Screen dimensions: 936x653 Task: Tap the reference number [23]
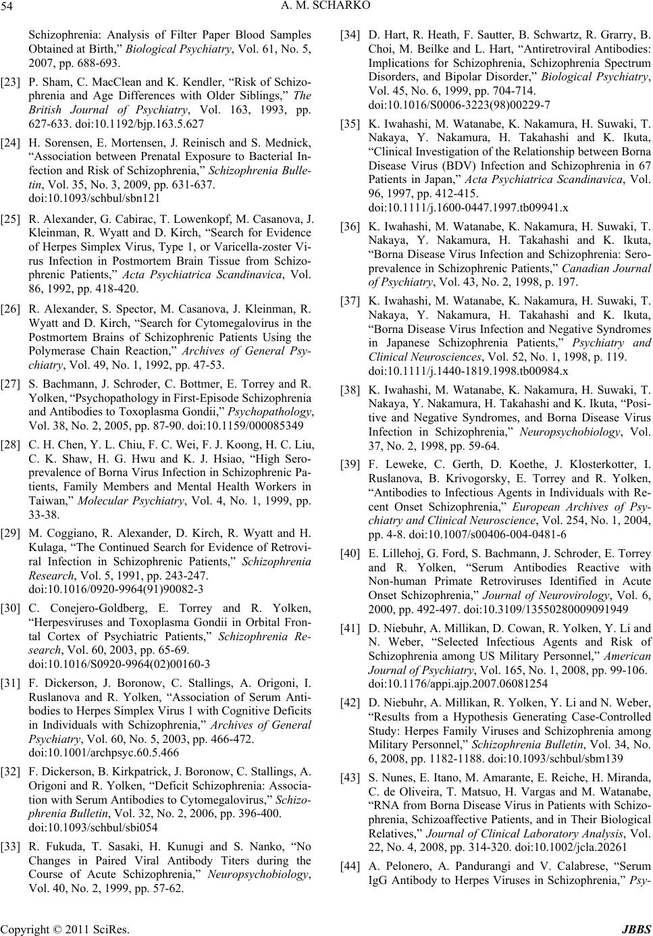[10, 80]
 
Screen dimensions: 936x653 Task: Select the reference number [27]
[10, 384]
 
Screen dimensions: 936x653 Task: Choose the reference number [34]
[350, 32]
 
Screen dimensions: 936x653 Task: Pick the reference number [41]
[350, 627]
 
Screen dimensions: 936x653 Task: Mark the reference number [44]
[350, 866]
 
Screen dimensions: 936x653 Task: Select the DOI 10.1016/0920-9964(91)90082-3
[116, 588]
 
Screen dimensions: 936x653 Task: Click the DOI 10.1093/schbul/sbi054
[93, 825]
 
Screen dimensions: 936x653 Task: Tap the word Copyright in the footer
[24, 928]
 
